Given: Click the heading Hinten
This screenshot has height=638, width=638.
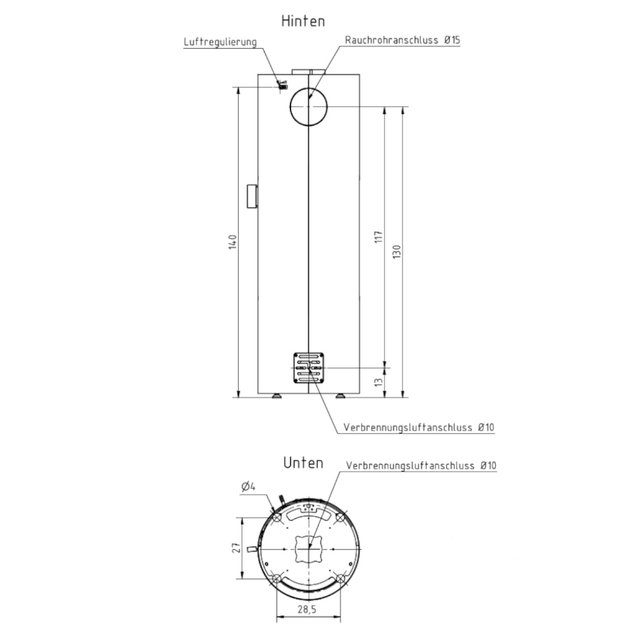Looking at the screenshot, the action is coord(303,21).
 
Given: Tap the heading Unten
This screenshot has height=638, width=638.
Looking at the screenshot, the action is coord(303,463).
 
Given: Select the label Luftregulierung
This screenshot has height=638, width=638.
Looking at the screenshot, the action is coord(220,42).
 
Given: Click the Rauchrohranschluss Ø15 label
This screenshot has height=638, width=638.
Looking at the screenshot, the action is coord(402,40).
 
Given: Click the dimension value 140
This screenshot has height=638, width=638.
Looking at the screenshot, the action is coord(233,242).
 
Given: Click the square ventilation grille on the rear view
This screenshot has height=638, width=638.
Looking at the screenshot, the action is coord(309,368).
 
